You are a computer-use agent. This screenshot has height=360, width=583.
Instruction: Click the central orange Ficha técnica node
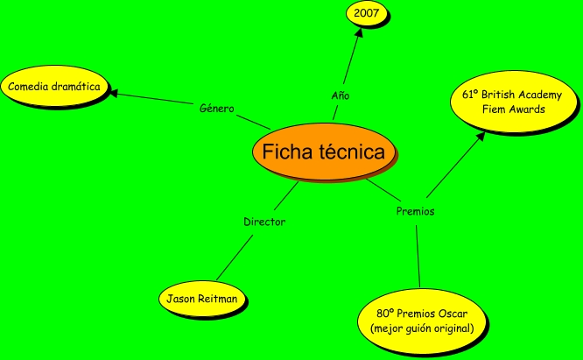click(323, 152)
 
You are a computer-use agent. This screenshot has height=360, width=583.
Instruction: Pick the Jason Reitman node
click(201, 299)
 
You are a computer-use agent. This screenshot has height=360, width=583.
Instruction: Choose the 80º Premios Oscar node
click(423, 320)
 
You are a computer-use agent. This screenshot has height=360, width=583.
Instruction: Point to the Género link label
click(217, 109)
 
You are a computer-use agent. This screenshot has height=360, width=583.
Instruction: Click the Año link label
click(341, 95)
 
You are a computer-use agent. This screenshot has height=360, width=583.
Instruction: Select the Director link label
click(263, 222)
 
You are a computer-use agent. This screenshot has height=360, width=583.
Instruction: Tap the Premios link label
click(415, 211)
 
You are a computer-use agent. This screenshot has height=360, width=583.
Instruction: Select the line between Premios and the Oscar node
click(418, 254)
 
